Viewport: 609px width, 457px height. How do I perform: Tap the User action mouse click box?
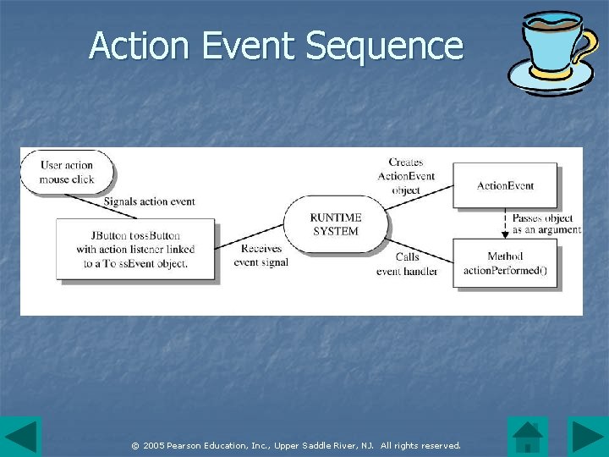click(x=67, y=172)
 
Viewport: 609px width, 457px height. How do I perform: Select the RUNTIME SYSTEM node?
click(x=336, y=224)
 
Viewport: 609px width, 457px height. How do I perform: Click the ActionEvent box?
click(x=505, y=185)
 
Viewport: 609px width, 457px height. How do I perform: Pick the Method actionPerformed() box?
click(x=505, y=263)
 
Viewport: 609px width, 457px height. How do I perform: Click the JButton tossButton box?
click(x=135, y=249)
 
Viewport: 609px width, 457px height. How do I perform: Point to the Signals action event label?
click(x=149, y=201)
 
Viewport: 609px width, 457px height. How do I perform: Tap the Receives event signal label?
click(x=261, y=256)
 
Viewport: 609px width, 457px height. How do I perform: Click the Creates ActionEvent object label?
click(x=406, y=176)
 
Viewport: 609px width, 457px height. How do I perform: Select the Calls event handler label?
click(x=407, y=264)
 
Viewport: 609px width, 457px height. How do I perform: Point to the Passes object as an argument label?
click(x=546, y=223)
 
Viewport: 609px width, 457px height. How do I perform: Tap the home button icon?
click(x=528, y=437)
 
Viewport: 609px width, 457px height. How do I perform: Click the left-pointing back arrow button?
click(x=20, y=437)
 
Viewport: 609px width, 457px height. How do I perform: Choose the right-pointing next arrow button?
click(x=588, y=437)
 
